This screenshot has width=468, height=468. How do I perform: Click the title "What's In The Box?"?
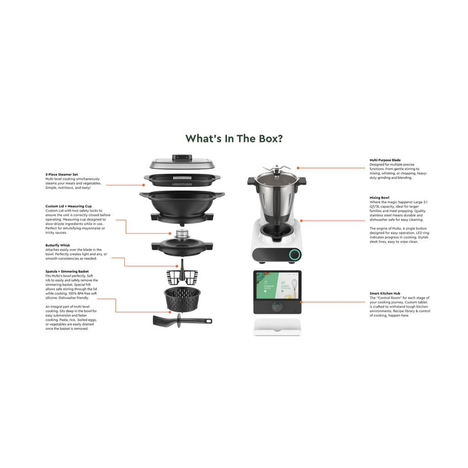[234, 138]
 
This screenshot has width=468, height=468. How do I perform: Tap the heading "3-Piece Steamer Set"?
[62, 174]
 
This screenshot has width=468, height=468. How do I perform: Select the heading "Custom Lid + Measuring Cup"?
[69, 206]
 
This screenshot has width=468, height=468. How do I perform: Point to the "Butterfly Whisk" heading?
[58, 245]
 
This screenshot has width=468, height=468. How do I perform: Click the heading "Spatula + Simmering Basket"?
[67, 271]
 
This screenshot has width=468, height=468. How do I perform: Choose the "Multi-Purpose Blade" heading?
[385, 160]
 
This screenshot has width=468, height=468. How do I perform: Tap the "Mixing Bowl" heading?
[379, 197]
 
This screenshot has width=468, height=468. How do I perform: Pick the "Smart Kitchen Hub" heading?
[385, 293]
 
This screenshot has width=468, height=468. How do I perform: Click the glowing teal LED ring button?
[295, 255]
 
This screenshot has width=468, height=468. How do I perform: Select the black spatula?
[182, 320]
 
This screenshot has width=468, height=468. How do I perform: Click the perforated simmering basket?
[182, 300]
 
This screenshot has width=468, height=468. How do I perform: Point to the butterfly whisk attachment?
[182, 273]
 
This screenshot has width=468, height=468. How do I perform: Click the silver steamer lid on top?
[182, 162]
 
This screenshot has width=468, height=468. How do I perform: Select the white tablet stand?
[277, 327]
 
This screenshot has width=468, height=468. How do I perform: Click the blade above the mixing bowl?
[277, 169]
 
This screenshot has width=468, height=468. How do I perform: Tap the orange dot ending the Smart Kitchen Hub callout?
[302, 302]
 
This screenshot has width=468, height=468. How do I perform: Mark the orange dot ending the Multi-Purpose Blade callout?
[298, 168]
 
